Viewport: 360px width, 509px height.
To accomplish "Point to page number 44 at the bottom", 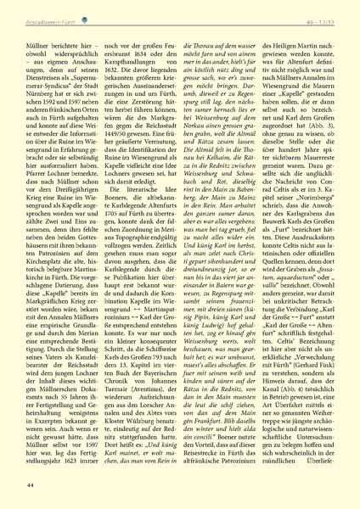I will (x=31, y=484).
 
